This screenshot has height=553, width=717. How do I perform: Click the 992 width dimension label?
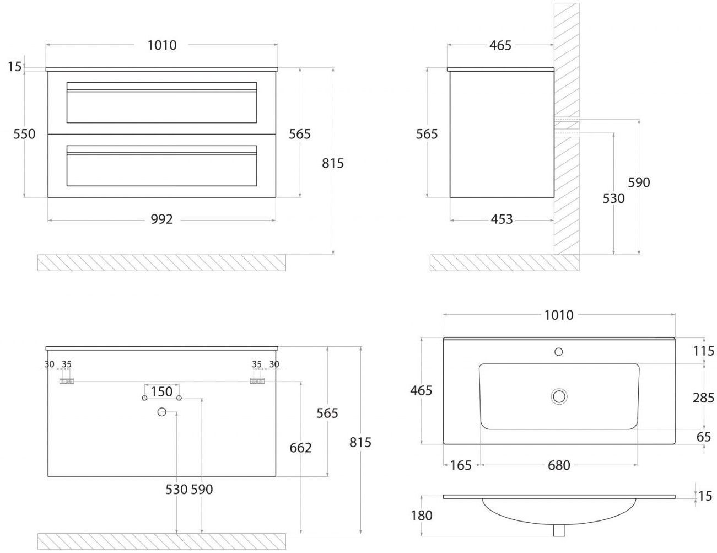161,219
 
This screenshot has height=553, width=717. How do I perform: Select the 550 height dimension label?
24,134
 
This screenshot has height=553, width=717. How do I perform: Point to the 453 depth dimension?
501,219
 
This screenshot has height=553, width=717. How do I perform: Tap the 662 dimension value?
300,448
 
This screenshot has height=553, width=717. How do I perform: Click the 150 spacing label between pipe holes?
161,391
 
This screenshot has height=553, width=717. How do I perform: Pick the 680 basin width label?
558,465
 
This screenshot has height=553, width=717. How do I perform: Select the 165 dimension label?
461,465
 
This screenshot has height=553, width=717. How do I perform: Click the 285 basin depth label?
703,397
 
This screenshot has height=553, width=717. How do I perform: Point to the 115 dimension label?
703,351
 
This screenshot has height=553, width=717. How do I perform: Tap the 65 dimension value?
704,437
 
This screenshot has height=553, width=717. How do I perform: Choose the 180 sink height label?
422,516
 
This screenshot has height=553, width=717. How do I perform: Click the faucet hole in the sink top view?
559,351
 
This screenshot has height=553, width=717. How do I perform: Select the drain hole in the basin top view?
559,396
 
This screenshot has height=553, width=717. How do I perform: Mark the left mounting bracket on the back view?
67,381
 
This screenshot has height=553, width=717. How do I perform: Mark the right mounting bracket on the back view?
257,381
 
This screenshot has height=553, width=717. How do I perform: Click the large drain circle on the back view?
161,412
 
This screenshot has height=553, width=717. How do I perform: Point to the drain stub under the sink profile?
559,530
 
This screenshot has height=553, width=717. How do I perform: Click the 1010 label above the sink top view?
559,315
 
